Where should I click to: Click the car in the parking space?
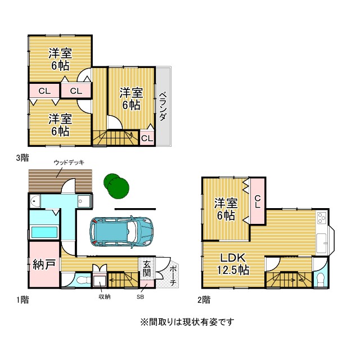point(121,232)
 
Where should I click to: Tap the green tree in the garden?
point(116,186)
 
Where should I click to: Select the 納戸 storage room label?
point(44,264)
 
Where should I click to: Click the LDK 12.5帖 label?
point(233,264)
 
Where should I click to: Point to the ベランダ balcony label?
point(163,106)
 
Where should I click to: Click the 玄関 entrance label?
point(146,269)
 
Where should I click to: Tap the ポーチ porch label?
point(173,276)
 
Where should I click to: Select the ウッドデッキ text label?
point(69,163)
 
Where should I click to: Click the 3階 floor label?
point(22,157)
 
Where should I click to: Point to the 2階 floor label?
point(204,300)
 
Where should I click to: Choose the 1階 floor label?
point(22,300)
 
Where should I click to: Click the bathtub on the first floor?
point(44,232)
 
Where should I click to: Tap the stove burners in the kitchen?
point(321,218)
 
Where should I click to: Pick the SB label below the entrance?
point(140,297)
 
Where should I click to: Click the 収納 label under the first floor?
point(105,297)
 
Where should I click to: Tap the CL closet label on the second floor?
point(258,201)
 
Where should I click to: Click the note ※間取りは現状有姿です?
point(187,322)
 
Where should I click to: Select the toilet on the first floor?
point(83,280)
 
